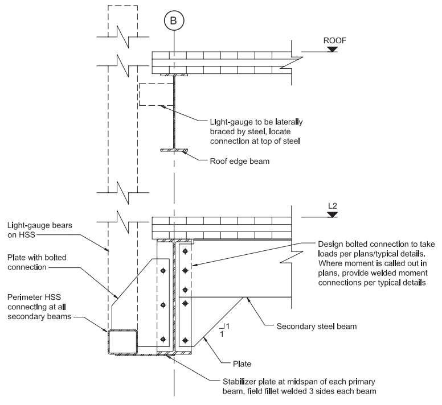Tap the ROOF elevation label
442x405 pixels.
pos(335,40)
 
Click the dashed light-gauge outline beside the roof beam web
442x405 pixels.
pos(154,94)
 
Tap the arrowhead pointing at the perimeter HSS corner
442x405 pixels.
pos(105,329)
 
